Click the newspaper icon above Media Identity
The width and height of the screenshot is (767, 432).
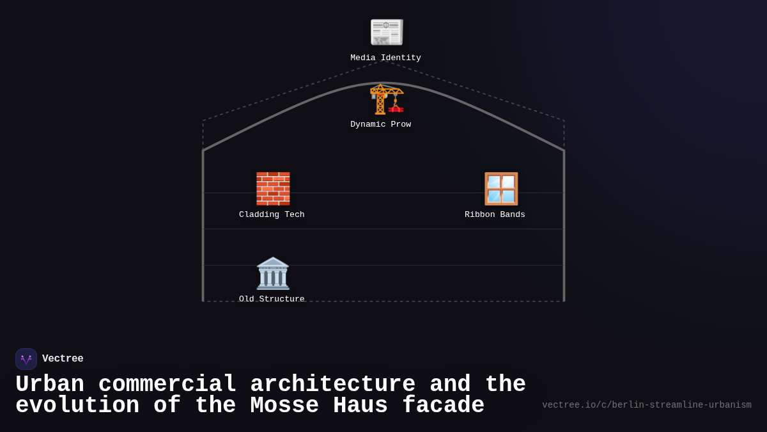coord(387,32)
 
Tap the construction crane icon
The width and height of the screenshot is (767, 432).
coord(387,99)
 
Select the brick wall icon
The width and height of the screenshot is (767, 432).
coord(273,189)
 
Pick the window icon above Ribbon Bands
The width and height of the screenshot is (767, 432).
coord(501,189)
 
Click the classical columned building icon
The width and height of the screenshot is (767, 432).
coord(273,273)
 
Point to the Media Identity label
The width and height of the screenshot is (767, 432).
coord(385,58)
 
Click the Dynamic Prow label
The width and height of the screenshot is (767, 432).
coord(380,124)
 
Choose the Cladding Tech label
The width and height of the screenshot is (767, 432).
coord(272,214)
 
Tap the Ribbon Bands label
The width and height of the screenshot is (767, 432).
coord(495,214)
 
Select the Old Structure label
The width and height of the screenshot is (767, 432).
coord(272,299)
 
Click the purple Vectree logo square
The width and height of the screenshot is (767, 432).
coord(26,359)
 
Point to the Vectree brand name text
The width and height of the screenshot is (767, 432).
coord(63,358)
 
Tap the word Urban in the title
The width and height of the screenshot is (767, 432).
coord(50,384)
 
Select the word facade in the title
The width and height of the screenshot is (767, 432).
coord(443,405)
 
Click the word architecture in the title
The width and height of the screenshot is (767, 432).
coord(332,384)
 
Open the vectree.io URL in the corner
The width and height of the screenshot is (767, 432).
coord(647,405)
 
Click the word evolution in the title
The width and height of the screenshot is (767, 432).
coord(77,405)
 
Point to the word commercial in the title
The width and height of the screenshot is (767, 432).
coord(167,384)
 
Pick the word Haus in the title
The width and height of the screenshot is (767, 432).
coord(360,405)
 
